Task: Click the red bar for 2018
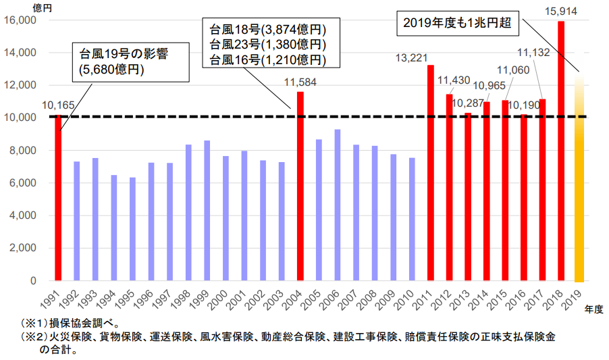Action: click(x=561, y=151)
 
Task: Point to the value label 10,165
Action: click(x=58, y=105)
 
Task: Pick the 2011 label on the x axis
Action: click(x=425, y=297)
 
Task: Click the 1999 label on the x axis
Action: click(x=202, y=297)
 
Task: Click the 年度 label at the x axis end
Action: click(x=594, y=308)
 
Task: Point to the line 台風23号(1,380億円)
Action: click(x=268, y=45)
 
